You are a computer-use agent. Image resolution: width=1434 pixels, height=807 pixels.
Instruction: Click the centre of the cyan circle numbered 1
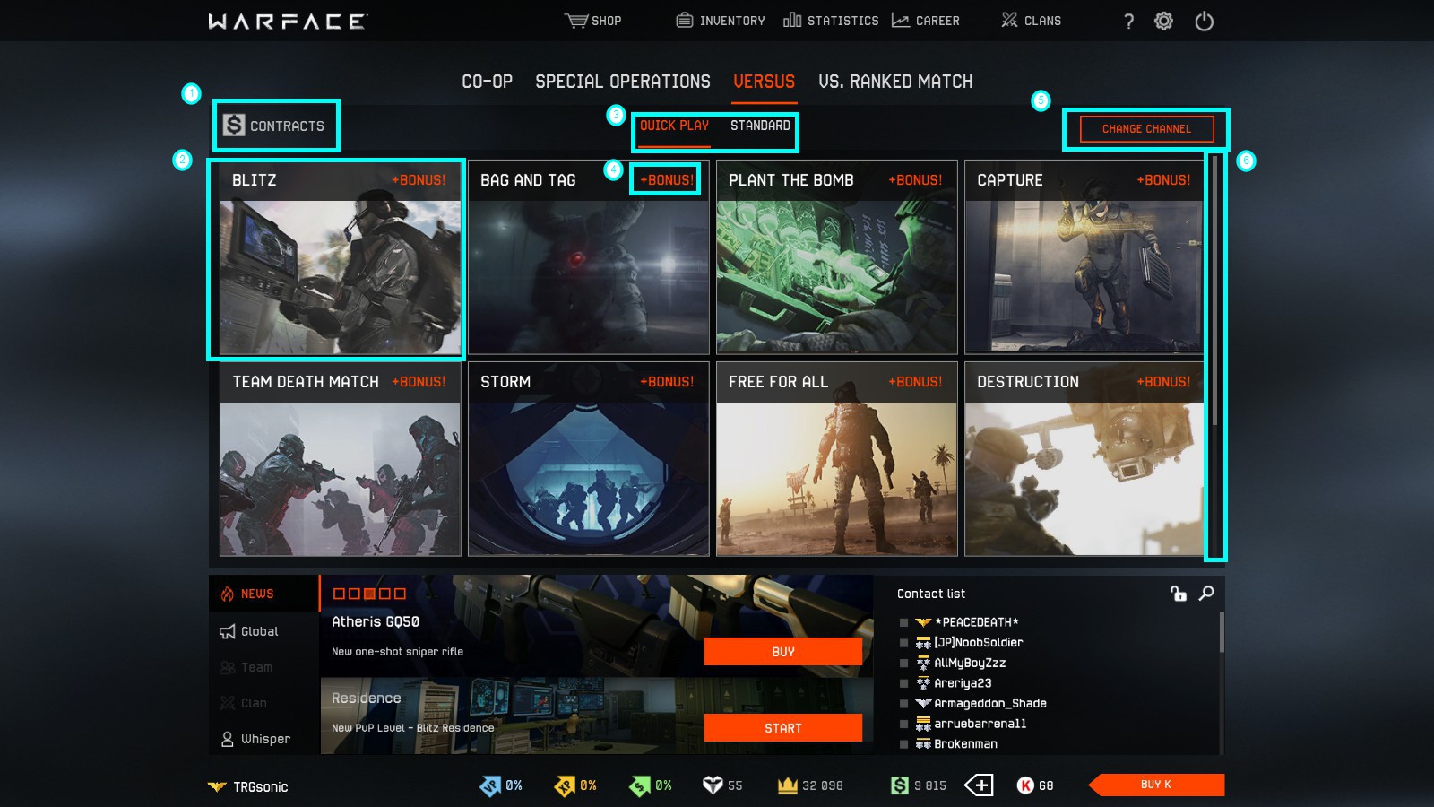point(191,94)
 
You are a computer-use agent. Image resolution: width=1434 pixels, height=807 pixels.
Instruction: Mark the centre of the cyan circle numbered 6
point(1246,161)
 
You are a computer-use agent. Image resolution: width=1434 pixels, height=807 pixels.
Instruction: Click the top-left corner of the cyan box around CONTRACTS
point(213,100)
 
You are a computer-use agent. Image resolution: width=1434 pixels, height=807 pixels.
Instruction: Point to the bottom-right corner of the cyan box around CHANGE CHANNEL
point(1229,151)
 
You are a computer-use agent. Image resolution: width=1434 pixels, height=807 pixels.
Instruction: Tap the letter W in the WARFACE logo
point(218,22)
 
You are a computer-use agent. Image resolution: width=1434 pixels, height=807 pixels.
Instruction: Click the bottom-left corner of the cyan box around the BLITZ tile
point(208,360)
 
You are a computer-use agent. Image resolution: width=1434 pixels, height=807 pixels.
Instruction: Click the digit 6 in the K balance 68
point(1042,785)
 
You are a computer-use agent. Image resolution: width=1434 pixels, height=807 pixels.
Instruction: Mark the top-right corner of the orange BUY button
point(861,638)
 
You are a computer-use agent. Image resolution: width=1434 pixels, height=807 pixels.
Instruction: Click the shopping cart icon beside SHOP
point(575,21)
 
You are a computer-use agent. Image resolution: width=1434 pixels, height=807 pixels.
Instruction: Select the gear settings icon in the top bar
point(1163,22)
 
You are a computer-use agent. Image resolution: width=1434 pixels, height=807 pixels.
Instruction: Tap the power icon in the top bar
point(1205,22)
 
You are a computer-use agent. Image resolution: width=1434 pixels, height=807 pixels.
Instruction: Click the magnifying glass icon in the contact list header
point(1206,594)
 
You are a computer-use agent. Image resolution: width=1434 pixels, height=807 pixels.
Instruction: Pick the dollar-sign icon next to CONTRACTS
point(234,125)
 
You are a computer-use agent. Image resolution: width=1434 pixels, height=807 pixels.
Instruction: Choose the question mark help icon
point(1128,22)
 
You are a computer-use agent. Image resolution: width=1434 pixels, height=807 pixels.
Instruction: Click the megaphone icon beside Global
point(228,631)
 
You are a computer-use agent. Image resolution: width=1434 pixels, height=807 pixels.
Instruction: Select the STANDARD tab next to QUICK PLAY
point(760,126)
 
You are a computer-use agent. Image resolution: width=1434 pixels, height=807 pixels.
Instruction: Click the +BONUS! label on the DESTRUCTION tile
point(1163,382)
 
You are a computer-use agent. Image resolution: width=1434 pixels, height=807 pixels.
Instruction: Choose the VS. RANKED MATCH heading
point(895,82)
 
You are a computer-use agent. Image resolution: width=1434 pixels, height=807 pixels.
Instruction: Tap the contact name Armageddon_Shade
point(989,703)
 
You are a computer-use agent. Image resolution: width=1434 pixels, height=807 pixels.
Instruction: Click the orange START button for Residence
point(783,728)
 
